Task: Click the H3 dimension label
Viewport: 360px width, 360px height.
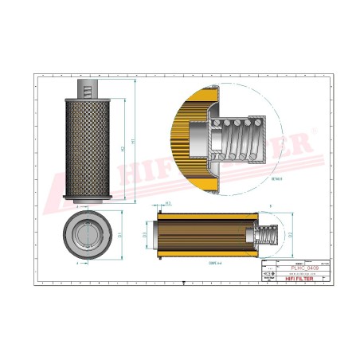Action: [x=169, y=204]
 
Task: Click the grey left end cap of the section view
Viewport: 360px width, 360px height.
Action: [x=159, y=234]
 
